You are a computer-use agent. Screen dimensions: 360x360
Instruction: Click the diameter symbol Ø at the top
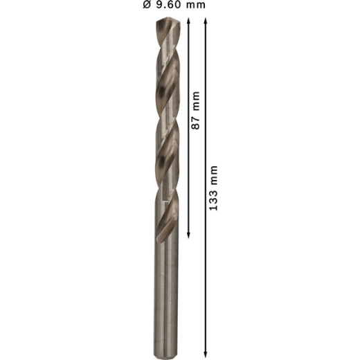point(147,5)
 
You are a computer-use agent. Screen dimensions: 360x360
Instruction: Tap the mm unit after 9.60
point(196,6)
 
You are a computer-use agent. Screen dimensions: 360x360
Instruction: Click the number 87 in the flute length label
point(196,123)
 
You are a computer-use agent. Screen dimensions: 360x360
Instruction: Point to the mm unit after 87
point(196,101)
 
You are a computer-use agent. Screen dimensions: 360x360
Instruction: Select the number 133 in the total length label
point(213,200)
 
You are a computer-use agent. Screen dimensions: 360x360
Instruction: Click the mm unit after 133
point(214,175)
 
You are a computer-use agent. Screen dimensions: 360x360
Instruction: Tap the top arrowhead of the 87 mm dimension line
point(188,21)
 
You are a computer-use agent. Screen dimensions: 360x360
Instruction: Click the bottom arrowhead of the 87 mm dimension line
point(188,235)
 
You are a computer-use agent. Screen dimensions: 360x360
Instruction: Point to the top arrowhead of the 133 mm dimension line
point(206,21)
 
